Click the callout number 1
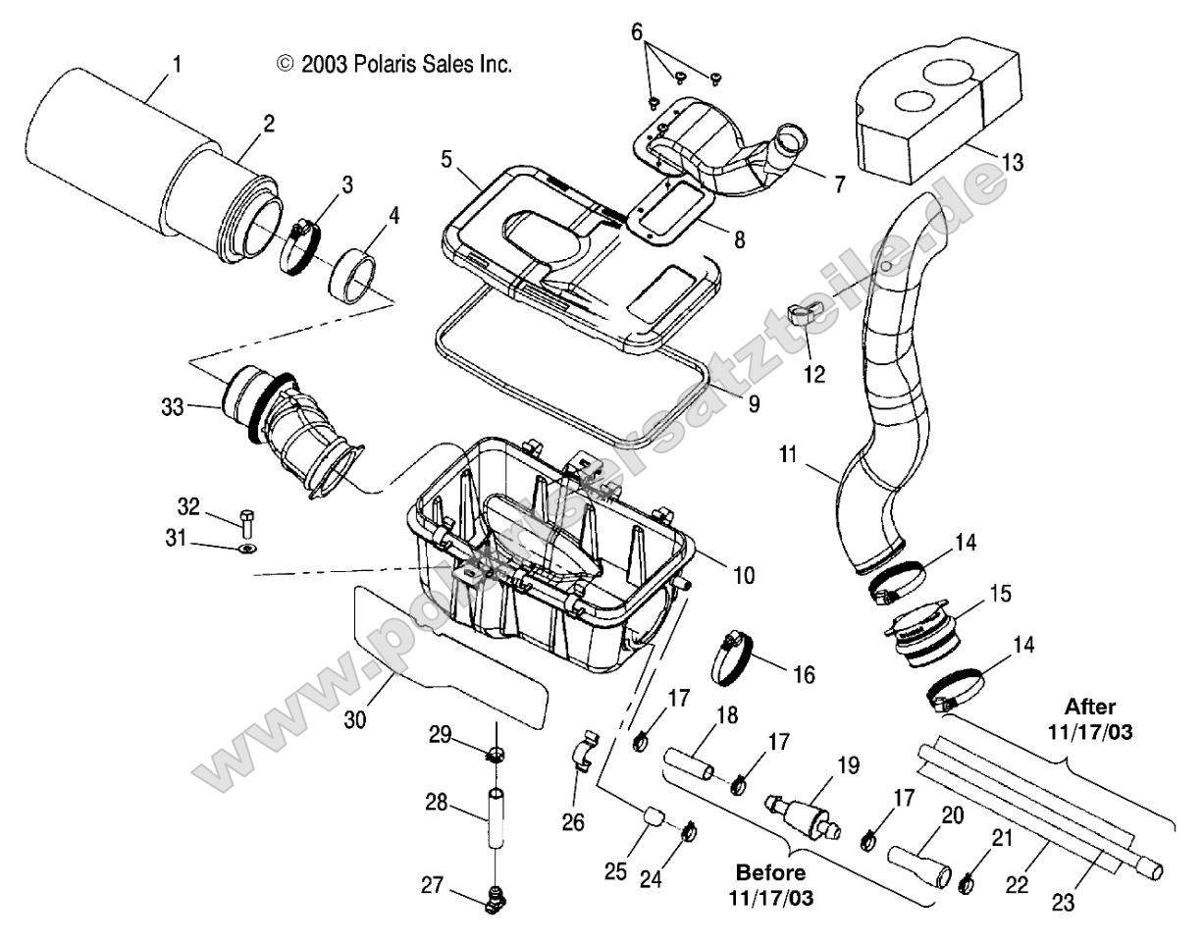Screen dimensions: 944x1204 pyautogui.click(x=176, y=64)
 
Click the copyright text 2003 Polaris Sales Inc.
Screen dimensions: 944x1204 pyautogui.click(x=394, y=65)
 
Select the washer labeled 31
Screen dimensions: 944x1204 pyautogui.click(x=246, y=547)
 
